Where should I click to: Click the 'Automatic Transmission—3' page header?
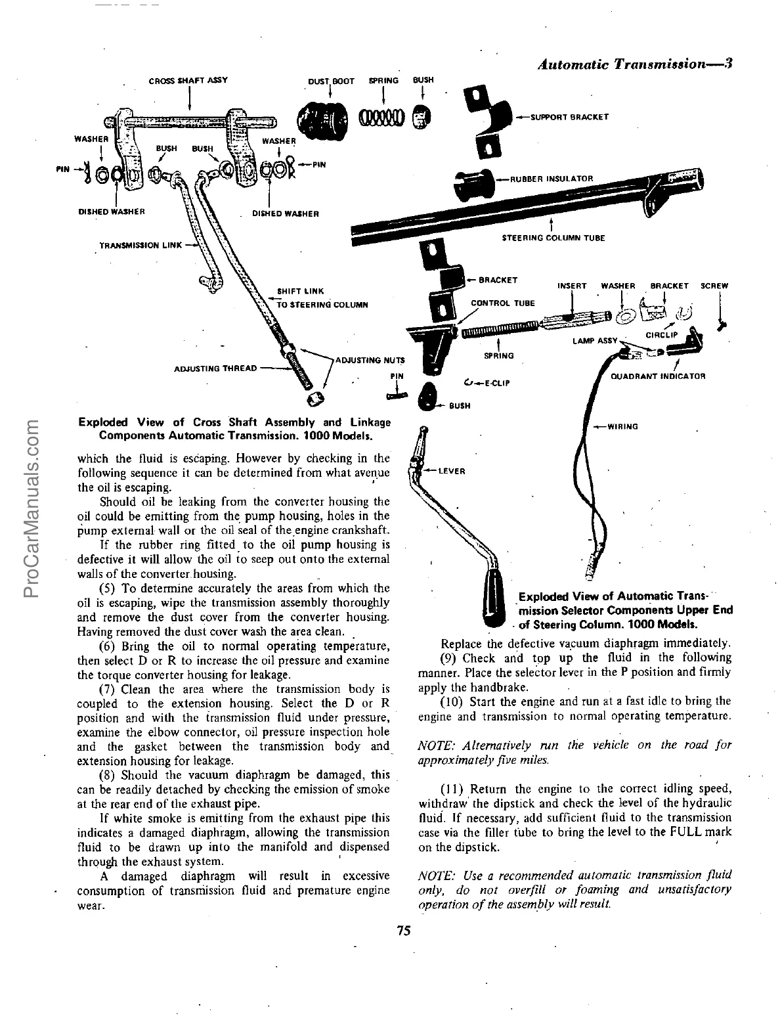click(634, 64)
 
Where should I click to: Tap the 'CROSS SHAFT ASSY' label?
click(188, 81)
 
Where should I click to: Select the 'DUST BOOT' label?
click(331, 81)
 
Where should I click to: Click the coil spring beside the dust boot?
click(381, 119)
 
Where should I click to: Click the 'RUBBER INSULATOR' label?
click(551, 179)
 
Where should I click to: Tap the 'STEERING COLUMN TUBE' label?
click(553, 238)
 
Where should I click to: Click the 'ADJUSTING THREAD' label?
click(215, 368)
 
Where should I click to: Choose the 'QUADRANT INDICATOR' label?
click(657, 376)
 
